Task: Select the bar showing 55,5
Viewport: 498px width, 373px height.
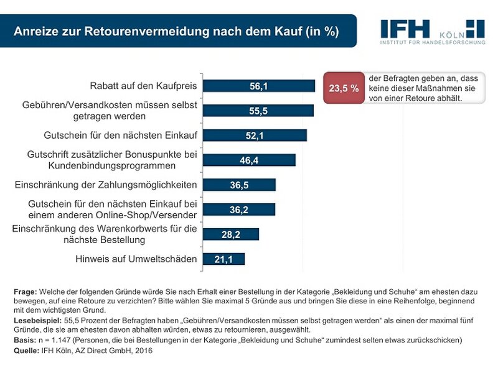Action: coord(258,111)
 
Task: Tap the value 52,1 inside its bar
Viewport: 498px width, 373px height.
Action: coord(256,136)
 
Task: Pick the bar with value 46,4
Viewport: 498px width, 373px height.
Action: coord(249,160)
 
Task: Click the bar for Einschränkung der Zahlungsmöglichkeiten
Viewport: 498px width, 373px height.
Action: coord(239,185)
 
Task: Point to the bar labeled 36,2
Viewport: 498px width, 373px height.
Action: coord(238,210)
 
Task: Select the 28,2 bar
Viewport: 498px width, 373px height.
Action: coord(230,234)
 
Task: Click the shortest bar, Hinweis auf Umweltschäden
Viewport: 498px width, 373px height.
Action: coord(223,259)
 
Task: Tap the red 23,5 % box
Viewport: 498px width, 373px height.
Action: coord(344,88)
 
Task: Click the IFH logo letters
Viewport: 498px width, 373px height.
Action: coord(405,29)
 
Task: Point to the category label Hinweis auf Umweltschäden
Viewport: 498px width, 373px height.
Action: coord(136,259)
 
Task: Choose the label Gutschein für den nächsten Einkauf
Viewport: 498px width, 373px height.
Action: coord(120,136)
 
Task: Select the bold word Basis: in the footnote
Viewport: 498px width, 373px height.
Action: coord(25,341)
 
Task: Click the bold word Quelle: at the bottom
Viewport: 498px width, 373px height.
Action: coord(27,351)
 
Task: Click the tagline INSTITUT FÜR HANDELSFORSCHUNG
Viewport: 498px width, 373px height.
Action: coord(432,42)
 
